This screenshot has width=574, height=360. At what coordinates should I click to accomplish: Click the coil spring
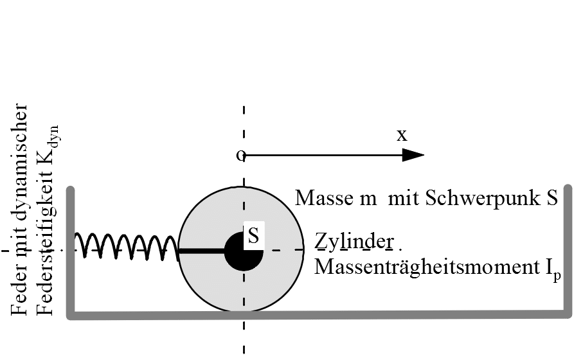coord(127,246)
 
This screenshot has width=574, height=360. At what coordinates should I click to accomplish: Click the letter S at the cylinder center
coord(253,235)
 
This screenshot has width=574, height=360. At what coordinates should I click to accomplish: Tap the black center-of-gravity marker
coord(244,251)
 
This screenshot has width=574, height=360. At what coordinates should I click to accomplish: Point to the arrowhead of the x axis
coord(413,155)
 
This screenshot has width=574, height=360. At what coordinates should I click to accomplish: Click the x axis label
coord(402,135)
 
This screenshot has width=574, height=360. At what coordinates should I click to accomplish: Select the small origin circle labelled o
coord(240,156)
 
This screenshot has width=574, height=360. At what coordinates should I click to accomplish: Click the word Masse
coord(325,198)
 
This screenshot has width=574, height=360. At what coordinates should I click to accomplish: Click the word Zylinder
coord(354,242)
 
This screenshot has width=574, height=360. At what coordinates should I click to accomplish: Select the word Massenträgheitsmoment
coord(426,267)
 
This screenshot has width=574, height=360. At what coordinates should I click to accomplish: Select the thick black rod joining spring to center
coord(202,251)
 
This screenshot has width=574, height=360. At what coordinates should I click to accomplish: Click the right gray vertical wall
coord(568,250)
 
